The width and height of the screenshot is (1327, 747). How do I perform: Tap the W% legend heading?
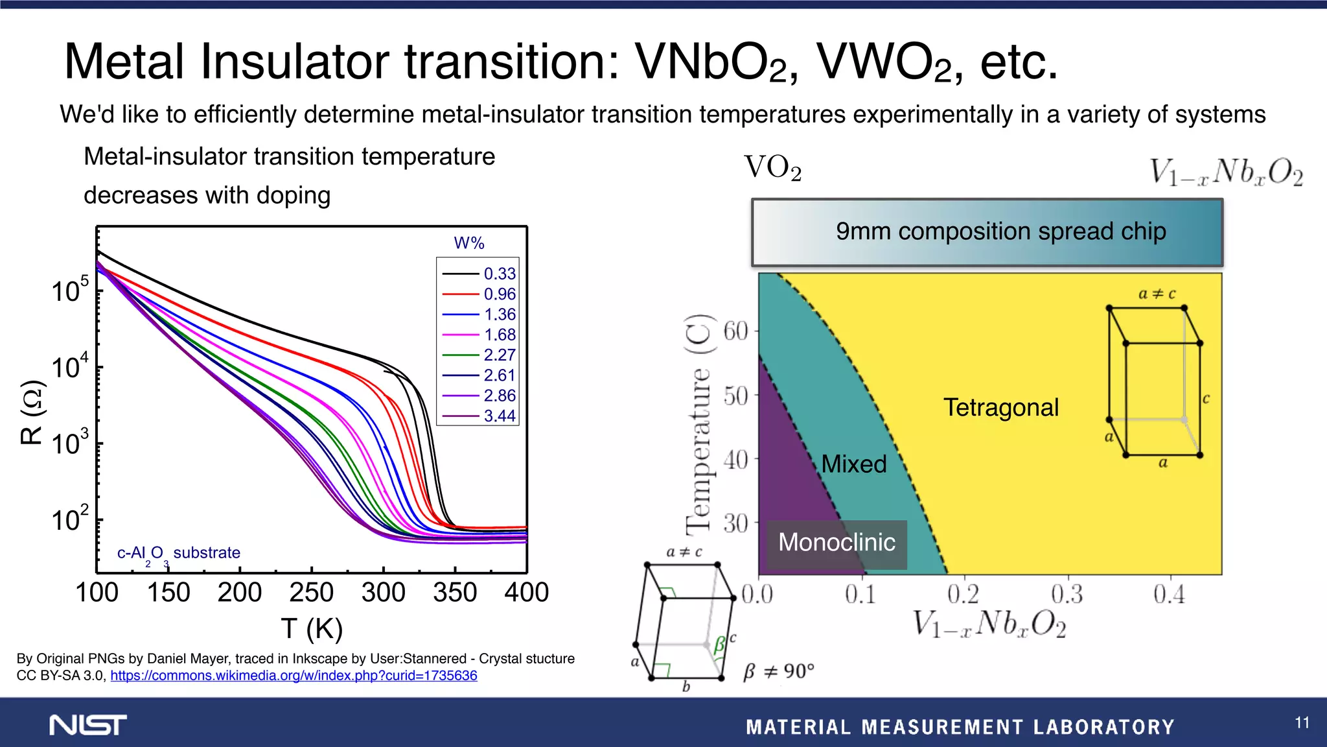coord(469,243)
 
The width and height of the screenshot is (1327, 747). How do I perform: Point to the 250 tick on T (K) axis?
coord(312,592)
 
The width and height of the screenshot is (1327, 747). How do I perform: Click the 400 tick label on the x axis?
coord(526,592)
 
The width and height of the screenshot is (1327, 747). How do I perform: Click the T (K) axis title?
coord(312,628)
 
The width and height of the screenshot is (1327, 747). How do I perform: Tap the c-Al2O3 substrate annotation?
coord(179,553)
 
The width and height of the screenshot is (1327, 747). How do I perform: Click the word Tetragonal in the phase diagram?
coord(1000,407)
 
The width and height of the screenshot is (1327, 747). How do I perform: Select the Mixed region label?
coord(853,464)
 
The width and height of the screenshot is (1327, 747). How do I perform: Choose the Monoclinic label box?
coord(837,543)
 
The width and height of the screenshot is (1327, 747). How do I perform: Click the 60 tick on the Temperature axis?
coord(736,331)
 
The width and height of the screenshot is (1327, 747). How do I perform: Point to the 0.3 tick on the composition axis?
coord(1067,593)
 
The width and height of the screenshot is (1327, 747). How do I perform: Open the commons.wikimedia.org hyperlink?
coord(294,676)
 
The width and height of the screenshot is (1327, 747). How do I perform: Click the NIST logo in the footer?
coord(88,725)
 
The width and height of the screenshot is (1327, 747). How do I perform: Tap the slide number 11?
coord(1302,722)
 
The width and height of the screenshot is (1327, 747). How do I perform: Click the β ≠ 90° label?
coord(778,671)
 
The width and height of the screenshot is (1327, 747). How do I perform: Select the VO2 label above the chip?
coord(772,168)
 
